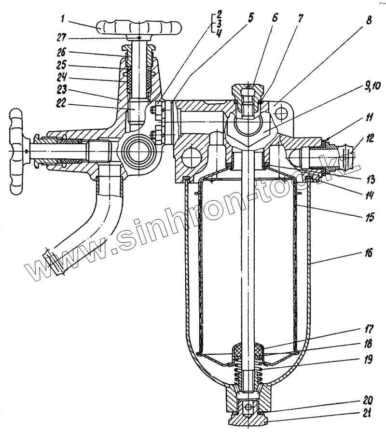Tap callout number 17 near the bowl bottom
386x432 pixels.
tap(369, 331)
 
